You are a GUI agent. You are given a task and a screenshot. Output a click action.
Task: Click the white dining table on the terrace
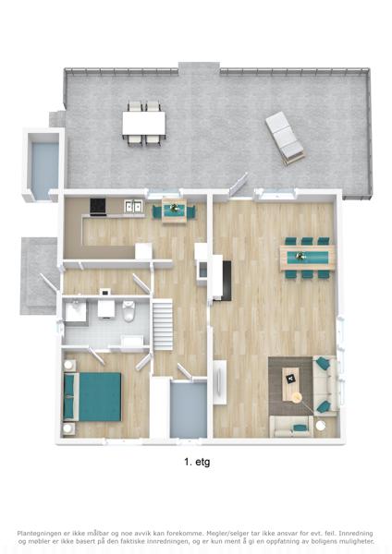pos(143,123)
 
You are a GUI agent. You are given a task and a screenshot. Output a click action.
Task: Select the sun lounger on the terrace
pos(285,138)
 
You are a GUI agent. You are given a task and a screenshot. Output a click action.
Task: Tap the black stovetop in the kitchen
pos(98,207)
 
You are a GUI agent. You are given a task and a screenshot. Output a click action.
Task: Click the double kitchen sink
pos(134,206)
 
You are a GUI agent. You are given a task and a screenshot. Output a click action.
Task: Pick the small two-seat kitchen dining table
pos(174,211)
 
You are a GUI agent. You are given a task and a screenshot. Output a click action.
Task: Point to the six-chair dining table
pos(307,258)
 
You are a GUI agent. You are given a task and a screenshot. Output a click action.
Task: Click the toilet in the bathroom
pos(129,310)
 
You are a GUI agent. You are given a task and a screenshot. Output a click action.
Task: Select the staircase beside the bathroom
pos(163,324)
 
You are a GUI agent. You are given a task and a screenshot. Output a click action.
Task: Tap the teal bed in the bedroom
pos(92,397)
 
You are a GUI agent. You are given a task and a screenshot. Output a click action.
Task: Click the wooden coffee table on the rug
pos(291,384)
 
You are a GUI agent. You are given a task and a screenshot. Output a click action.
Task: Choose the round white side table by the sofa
pos(320,426)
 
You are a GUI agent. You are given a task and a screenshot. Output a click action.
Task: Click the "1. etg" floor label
pos(197,462)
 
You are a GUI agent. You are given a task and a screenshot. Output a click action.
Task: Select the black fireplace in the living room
pos(227,281)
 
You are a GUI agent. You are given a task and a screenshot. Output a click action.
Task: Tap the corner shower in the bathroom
pos(76,312)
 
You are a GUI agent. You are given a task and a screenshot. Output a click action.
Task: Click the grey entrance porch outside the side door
pos(38,275)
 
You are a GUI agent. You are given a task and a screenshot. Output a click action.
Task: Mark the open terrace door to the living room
pos(239,184)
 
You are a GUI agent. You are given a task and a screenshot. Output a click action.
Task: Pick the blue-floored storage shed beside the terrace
pos(44,166)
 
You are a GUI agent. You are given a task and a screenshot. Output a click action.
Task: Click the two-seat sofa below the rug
pos(291,427)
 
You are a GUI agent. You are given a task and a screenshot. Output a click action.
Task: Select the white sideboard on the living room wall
pos(220,382)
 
